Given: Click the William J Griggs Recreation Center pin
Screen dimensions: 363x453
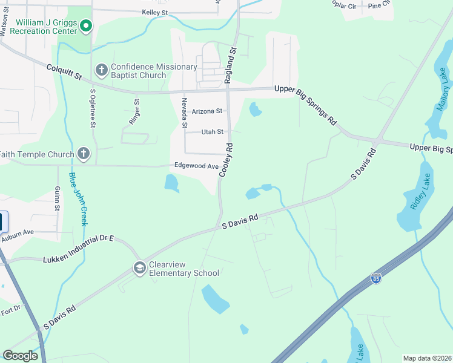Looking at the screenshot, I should click(x=86, y=25).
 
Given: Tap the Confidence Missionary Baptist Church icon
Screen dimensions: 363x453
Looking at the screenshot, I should click(x=101, y=71).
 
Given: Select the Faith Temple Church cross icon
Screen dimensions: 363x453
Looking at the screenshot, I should click(x=83, y=154).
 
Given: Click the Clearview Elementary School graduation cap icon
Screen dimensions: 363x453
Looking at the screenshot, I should click(x=140, y=267).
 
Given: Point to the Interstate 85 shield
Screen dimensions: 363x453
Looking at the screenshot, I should click(x=376, y=278).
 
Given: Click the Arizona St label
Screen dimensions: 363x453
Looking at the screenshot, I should click(x=207, y=111).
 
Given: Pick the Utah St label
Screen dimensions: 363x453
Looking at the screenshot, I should click(x=212, y=131).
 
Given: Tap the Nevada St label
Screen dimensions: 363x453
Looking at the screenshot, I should click(x=185, y=113).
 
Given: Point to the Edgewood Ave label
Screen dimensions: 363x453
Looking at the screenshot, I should click(x=196, y=166).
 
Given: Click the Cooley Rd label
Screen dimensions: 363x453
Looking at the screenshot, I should click(x=226, y=160).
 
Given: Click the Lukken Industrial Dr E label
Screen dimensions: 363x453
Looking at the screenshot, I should click(x=79, y=248).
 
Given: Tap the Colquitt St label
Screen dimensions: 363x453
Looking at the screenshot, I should click(x=64, y=73).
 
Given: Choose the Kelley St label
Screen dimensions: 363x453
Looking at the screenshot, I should click(x=154, y=12).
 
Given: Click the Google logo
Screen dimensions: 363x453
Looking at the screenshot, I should click(x=20, y=355).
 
